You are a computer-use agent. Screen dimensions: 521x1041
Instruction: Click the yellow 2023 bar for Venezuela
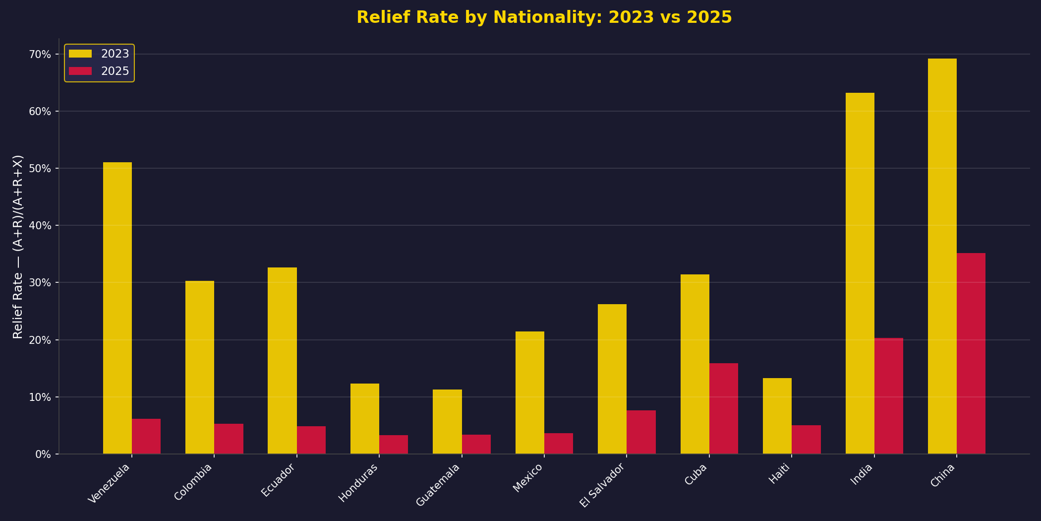[x=117, y=308]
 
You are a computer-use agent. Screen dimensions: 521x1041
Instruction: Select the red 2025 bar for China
[x=971, y=353]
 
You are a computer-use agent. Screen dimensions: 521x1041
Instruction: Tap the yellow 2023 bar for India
[x=860, y=273]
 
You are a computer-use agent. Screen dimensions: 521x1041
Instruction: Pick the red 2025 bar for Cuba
[x=724, y=408]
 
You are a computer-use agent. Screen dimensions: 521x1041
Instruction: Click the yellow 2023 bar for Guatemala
[x=447, y=421]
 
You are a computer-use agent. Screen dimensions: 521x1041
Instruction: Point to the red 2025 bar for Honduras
[x=394, y=445]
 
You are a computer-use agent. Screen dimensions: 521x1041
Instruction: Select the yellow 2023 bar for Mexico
[x=529, y=392]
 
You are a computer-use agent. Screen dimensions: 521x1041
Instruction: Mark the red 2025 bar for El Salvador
[x=641, y=432]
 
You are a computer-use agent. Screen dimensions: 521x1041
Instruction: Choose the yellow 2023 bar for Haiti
[x=777, y=416]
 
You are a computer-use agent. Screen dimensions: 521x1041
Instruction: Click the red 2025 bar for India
[x=888, y=395]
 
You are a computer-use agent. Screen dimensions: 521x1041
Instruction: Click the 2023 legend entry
[x=99, y=54]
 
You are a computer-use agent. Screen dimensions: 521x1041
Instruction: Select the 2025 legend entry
[x=99, y=71]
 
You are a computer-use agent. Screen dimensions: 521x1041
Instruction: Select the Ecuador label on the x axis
[x=279, y=480]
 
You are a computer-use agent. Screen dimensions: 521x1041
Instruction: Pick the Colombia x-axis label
[x=193, y=482]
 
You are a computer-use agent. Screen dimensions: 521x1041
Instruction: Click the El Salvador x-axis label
[x=602, y=485]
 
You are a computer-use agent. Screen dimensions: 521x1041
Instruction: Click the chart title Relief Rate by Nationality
[x=544, y=17]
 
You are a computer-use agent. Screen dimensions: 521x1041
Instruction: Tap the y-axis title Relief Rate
[x=18, y=247]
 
